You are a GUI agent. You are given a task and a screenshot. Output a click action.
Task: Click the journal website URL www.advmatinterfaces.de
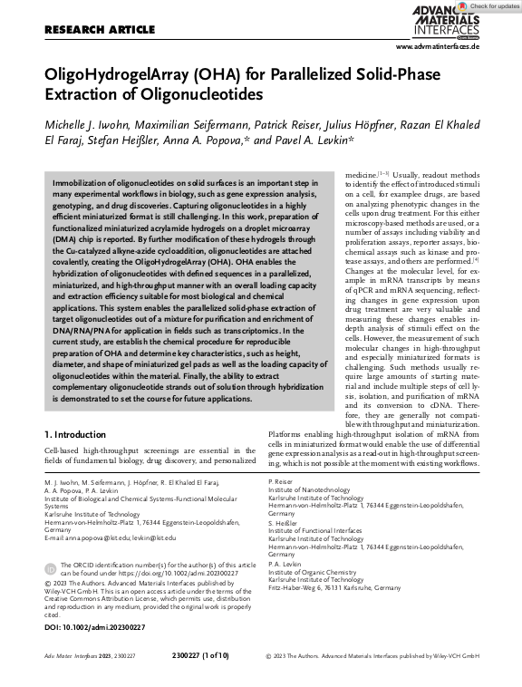[438, 45]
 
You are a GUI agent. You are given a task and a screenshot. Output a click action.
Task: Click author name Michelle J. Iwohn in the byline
[88, 124]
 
